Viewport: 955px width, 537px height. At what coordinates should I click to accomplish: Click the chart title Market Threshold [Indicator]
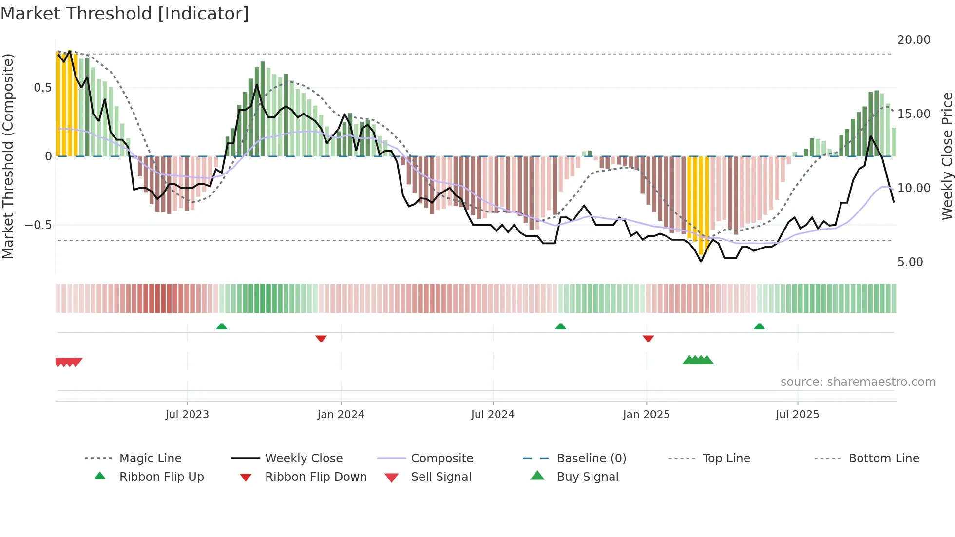(125, 14)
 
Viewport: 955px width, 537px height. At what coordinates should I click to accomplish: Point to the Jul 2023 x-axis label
(187, 414)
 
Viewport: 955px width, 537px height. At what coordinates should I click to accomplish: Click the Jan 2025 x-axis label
(646, 414)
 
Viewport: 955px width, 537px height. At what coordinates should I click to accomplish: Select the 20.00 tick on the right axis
(914, 39)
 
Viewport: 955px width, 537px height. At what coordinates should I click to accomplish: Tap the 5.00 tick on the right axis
(910, 262)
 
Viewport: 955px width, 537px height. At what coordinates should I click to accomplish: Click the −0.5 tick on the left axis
(38, 225)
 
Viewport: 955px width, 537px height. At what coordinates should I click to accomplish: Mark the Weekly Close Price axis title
(947, 156)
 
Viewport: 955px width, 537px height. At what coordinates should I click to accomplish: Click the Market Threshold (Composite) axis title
(8, 156)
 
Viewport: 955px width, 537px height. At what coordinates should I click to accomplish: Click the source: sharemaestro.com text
(858, 382)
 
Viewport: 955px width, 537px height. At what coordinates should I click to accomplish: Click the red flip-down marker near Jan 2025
(648, 338)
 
